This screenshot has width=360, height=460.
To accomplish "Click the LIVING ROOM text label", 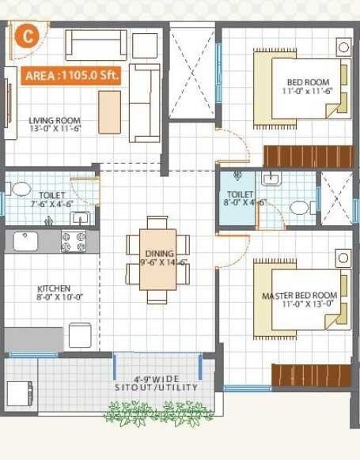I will pyautogui.click(x=55, y=121).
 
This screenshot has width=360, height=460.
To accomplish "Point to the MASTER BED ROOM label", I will pyautogui.click(x=299, y=296).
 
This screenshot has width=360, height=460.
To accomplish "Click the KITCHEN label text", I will pyautogui.click(x=54, y=289).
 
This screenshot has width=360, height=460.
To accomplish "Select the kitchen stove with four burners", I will pyautogui.click(x=75, y=241).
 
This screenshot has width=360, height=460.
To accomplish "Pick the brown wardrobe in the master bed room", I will pyautogui.click(x=311, y=375).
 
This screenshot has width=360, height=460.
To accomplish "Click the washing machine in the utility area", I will pyautogui.click(x=20, y=392).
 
